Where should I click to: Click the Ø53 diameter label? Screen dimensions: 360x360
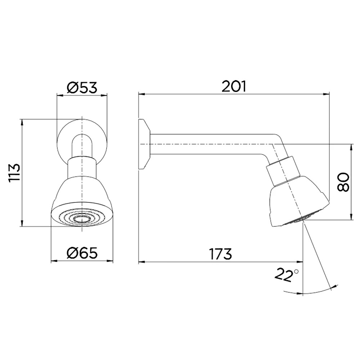[82, 87]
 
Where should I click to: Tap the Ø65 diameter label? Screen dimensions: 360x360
[82, 253]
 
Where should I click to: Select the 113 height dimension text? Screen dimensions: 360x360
[14, 173]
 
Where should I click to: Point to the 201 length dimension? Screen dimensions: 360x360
[234, 86]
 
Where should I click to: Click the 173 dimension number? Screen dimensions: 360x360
[221, 254]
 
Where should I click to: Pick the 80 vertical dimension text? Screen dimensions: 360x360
[343, 182]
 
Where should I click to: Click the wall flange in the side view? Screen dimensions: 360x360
[144, 144]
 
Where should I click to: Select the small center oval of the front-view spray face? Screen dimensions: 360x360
[82, 219]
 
